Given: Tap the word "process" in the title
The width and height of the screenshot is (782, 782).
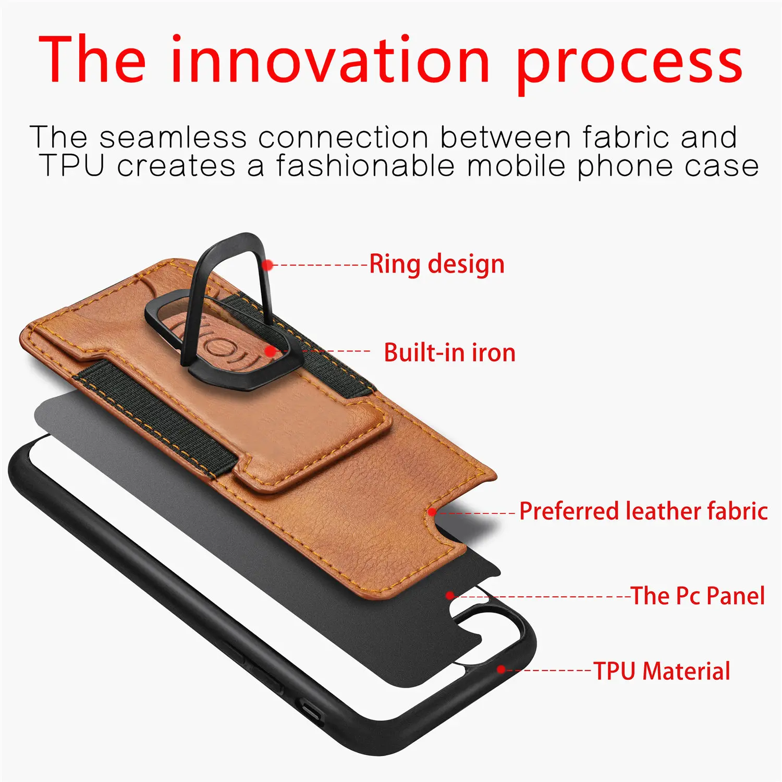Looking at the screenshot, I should pos(630,65).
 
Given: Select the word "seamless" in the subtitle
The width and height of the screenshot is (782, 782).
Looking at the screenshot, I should pos(173,138).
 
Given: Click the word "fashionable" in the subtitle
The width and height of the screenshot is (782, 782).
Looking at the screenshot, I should pos(365,166).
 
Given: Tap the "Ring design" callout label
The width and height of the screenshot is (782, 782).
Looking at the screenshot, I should pos(437,264).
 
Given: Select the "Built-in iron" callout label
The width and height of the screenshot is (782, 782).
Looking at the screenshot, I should pos(449,353).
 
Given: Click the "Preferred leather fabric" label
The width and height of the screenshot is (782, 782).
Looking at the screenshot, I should pos(643,511).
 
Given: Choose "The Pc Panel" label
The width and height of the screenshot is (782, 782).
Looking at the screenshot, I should pos(698,596).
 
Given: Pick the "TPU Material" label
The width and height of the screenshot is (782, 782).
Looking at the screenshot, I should pos(662,671).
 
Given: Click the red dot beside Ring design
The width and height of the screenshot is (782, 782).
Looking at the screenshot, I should pos(268,265).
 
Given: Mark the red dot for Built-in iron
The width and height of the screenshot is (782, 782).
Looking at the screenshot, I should pos(271,351).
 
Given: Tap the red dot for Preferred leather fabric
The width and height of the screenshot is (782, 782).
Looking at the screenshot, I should pos(432,512).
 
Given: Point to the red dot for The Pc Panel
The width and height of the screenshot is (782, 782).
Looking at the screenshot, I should pos(450,595).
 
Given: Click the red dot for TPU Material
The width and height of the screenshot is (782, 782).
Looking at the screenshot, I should pos(501,669).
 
